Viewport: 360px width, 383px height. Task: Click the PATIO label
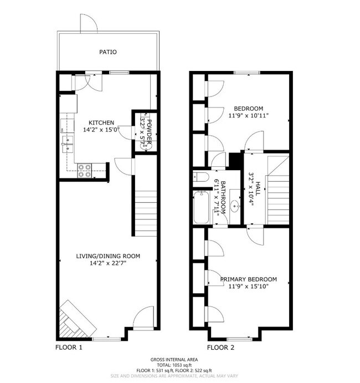(108, 52)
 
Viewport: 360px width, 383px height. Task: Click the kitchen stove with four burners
(84, 170)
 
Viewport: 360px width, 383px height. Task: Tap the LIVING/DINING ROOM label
(108, 256)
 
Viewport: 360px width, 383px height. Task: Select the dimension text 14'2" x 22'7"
(108, 263)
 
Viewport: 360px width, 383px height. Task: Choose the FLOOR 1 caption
(69, 348)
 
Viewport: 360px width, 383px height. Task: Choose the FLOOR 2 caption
(221, 348)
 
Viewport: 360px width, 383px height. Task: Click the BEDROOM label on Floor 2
(248, 108)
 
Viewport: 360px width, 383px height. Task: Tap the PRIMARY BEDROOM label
(248, 279)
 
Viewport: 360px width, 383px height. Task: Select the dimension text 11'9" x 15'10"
(248, 287)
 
